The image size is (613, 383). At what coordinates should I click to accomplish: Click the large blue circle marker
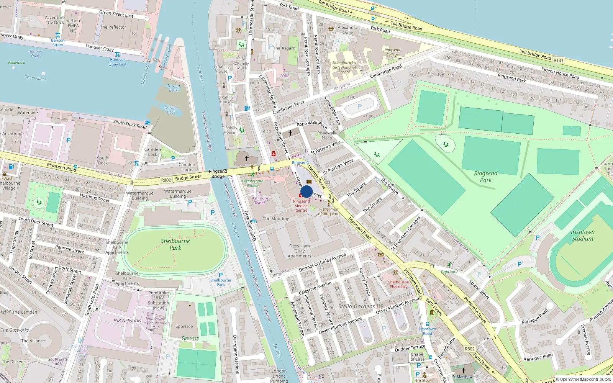tap(306, 191)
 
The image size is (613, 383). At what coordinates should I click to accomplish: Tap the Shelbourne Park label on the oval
tap(175, 244)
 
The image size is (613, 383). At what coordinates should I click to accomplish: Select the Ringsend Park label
tap(485, 177)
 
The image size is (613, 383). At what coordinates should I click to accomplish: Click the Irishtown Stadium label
tap(582, 235)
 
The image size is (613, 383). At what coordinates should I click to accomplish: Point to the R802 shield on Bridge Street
tap(166, 180)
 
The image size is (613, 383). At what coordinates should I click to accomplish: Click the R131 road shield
tap(559, 60)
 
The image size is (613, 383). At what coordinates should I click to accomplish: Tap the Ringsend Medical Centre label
tap(302, 206)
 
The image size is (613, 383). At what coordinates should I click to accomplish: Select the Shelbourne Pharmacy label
tap(398, 284)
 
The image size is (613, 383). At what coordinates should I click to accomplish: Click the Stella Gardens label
tap(356, 306)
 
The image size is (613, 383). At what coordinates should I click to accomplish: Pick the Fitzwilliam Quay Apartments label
tap(299, 251)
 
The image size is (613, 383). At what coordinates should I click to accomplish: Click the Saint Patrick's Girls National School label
tap(344, 67)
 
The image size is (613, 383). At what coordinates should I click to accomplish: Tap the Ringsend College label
tap(392, 52)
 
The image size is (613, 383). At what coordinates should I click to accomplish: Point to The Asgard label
tap(284, 48)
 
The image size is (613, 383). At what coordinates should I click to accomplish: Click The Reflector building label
tap(113, 27)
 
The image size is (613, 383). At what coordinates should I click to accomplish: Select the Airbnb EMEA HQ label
tap(73, 26)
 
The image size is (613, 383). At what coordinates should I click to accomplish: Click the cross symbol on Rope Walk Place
tap(290, 133)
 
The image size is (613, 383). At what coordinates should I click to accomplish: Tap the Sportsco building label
tap(184, 327)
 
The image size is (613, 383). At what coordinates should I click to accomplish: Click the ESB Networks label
tap(127, 321)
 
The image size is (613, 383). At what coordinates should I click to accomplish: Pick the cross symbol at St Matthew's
tap(464, 370)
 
